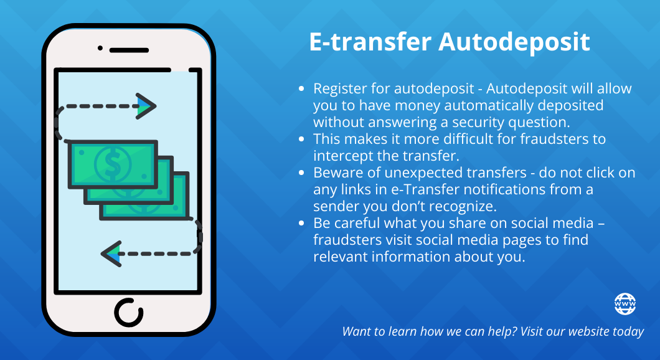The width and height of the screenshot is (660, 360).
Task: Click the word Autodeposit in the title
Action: point(514,42)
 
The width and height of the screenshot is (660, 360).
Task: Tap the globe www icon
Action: point(625,304)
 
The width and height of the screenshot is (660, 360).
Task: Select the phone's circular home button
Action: point(129,313)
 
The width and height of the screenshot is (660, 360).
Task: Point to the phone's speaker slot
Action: point(129,50)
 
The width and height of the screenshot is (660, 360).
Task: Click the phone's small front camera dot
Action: point(100,48)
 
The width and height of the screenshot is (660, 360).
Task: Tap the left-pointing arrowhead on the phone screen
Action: point(111,254)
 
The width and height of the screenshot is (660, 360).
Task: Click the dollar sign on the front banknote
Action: point(112,163)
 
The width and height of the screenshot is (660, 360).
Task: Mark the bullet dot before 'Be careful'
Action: point(301,223)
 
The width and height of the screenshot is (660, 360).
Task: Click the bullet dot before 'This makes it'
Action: point(301,139)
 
